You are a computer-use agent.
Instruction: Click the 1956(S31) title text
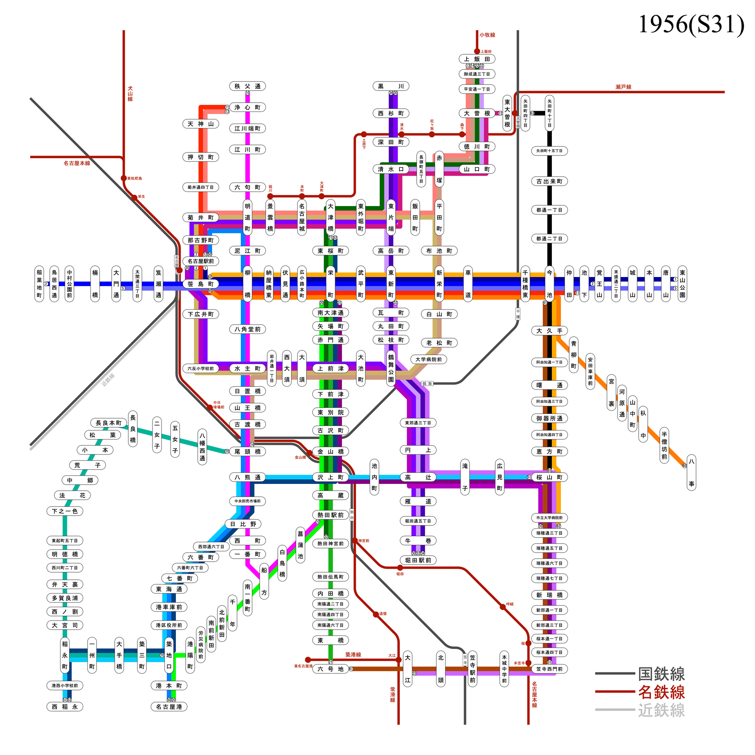(x=690, y=24)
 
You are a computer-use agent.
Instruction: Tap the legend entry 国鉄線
(x=661, y=675)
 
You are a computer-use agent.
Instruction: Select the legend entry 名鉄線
(x=661, y=692)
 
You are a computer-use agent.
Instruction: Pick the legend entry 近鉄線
(x=661, y=710)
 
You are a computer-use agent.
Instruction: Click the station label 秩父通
(x=247, y=86)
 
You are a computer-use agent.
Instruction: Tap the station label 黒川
(x=391, y=86)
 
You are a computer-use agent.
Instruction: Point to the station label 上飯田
(x=477, y=59)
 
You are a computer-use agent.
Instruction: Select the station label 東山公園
(x=682, y=284)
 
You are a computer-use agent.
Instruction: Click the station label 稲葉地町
(x=40, y=284)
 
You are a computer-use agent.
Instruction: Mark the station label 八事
(x=691, y=473)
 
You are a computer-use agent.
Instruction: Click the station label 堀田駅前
(x=418, y=560)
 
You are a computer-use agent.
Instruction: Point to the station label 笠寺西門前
(x=549, y=669)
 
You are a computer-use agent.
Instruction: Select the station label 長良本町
(x=109, y=423)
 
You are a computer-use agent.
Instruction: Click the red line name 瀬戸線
(x=623, y=87)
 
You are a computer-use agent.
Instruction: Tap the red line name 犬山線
(x=130, y=94)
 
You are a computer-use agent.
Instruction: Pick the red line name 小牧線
(x=487, y=35)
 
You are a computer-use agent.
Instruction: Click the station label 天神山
(x=201, y=124)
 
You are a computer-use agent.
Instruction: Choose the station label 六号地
(x=330, y=669)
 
